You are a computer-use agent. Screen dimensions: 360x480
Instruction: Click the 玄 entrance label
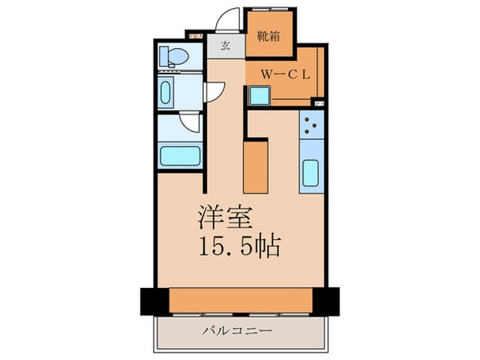(x=226, y=46)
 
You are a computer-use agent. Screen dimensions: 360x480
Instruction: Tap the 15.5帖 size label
(x=239, y=246)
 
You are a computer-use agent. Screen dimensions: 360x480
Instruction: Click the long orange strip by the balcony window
(x=240, y=299)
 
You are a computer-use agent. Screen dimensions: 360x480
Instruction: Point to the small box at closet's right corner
(x=320, y=102)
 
